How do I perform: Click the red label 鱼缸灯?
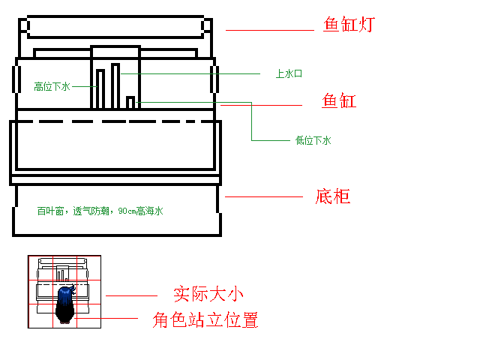point(349,24)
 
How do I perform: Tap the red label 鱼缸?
point(339,100)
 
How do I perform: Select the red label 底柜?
point(333,196)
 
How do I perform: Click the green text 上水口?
point(289,73)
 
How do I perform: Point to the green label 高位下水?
point(52,87)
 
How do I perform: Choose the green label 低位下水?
point(313,140)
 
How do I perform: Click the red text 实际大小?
point(208,294)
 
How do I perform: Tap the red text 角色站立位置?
point(205,320)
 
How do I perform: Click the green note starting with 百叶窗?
point(100,211)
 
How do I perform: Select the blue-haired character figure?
point(65,304)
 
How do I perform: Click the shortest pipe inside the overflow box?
point(130,103)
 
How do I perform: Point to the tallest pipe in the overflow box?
point(115,86)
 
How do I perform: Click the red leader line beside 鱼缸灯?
point(270,30)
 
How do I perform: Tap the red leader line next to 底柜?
point(264,196)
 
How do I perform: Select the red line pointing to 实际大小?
point(132,295)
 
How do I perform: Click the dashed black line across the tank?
point(115,121)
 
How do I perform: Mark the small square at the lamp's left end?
point(24,25)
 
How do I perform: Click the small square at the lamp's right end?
point(207,25)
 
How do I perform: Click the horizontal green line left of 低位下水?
point(271,140)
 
